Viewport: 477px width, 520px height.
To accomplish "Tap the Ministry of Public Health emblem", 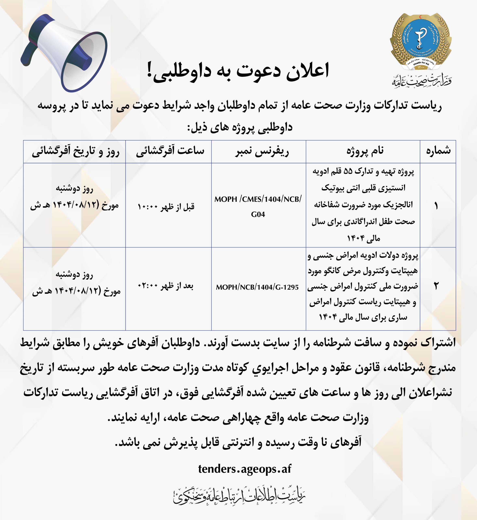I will point(421,41).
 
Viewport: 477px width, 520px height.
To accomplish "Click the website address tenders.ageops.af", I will point(244,469).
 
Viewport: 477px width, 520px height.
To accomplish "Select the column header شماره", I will point(438,151).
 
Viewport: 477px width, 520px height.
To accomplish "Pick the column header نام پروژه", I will point(365,151).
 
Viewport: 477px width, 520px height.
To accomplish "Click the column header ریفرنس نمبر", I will point(262,151).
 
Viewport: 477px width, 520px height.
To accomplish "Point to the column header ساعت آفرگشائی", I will point(170,151).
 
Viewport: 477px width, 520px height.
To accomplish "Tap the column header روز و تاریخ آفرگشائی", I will point(75,151).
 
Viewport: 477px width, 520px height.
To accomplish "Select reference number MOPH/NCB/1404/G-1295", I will point(257,287).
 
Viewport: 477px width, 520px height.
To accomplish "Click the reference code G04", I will point(258,214).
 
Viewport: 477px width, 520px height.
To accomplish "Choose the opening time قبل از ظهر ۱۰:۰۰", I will point(166,207).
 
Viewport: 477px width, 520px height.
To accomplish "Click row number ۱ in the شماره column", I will point(436,206).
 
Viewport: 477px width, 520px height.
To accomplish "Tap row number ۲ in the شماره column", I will point(436,286).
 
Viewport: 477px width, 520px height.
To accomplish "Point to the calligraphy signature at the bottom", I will point(239,496).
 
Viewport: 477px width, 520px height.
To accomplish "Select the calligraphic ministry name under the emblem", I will point(422,81).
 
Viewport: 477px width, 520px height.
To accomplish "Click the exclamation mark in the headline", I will point(149,70).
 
